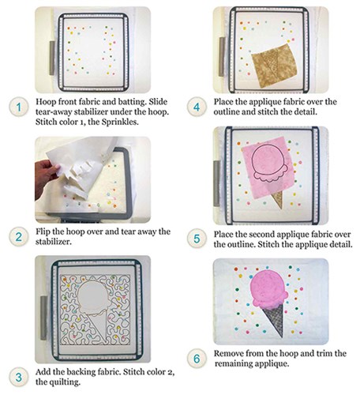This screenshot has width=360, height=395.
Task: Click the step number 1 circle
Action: click(x=19, y=107)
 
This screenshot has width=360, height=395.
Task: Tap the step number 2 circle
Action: click(x=19, y=237)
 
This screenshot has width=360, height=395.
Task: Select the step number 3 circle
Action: click(x=19, y=377)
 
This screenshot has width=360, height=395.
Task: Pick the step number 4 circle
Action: click(x=197, y=107)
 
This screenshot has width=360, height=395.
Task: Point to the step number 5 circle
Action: click(x=197, y=239)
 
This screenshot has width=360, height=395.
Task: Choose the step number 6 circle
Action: click(x=197, y=359)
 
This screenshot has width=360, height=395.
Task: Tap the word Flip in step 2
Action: click(x=42, y=231)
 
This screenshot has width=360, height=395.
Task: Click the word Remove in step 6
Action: click(x=227, y=353)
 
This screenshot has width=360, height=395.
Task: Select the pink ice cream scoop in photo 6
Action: click(x=269, y=290)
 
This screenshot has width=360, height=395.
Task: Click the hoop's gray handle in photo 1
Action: click(x=52, y=58)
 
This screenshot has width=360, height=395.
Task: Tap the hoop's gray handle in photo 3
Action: click(x=43, y=318)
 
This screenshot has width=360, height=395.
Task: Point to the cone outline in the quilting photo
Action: click(x=96, y=328)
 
